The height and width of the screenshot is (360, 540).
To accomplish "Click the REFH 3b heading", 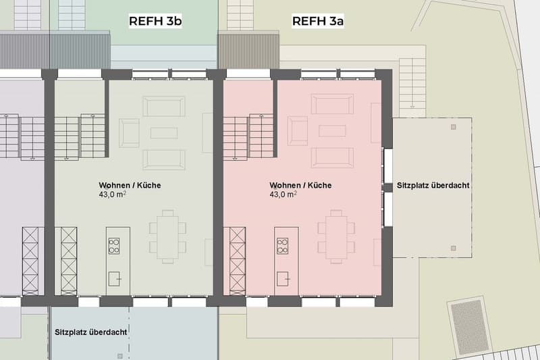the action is coord(155,21).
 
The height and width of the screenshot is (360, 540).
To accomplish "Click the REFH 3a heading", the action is coord(318,21).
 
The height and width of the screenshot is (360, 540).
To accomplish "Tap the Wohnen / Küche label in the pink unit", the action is coord(300,185).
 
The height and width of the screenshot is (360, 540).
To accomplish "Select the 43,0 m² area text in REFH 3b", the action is coord(112,195).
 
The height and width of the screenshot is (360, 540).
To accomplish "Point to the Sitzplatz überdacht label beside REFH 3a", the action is coord(433,185).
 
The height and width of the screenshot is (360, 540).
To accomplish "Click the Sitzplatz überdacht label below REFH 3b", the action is coord(91,332).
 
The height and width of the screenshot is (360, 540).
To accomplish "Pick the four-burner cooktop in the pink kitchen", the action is coord(282,246).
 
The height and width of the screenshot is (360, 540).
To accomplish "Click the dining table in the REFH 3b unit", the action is coord(167,237).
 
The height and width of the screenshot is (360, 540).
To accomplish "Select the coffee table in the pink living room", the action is coord(332,131).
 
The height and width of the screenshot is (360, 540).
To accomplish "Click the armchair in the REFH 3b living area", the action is coord(129,133).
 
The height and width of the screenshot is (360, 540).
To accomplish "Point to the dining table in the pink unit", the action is coord(336,237).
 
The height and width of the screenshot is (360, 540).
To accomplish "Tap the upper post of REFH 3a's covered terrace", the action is coord(453,127).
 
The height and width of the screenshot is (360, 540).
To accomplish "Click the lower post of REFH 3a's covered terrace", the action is coord(453,248).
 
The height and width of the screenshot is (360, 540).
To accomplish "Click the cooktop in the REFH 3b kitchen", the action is coord(114,246).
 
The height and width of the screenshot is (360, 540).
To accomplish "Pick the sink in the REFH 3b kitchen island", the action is coord(115,279).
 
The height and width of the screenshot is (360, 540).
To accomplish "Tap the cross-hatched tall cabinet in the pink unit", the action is coord(238,261).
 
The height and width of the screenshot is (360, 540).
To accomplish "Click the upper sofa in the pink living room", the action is coord(332,104).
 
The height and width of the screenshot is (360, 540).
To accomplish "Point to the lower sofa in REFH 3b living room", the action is coord(164,160).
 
